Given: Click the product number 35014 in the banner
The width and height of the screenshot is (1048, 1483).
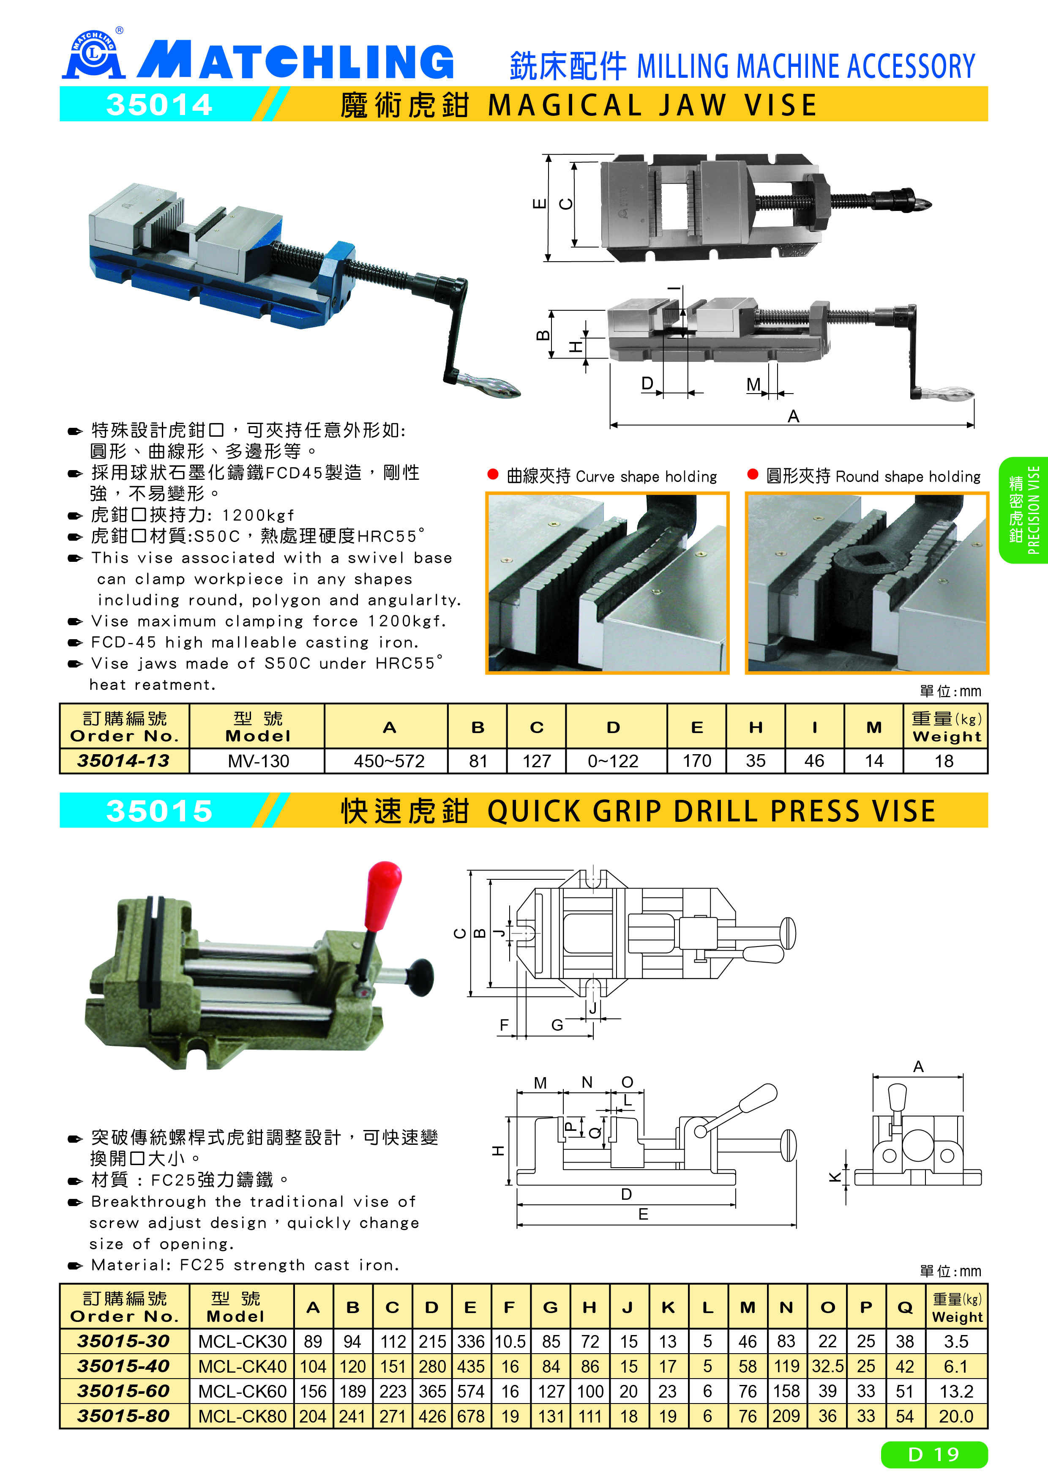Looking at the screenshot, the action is click(x=159, y=105).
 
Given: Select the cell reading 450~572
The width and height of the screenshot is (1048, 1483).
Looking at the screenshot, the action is click(x=389, y=761).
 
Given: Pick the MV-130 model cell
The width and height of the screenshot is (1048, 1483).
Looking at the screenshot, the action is click(x=258, y=761).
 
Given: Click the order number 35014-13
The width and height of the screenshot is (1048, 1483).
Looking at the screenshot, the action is click(x=123, y=761).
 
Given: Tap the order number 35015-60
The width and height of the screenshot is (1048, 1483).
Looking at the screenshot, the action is click(x=123, y=1391).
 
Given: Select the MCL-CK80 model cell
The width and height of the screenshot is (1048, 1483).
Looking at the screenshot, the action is click(x=242, y=1416).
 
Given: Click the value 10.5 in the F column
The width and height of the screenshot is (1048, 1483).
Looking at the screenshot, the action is click(x=510, y=1341).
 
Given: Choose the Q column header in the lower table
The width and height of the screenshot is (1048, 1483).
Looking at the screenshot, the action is click(x=905, y=1307).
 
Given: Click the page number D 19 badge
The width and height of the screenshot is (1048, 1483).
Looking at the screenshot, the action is click(x=934, y=1454).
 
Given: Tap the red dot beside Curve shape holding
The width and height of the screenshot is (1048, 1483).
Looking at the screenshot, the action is click(x=493, y=475).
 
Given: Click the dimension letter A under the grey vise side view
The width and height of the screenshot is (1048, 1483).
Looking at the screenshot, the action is click(x=794, y=416).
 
